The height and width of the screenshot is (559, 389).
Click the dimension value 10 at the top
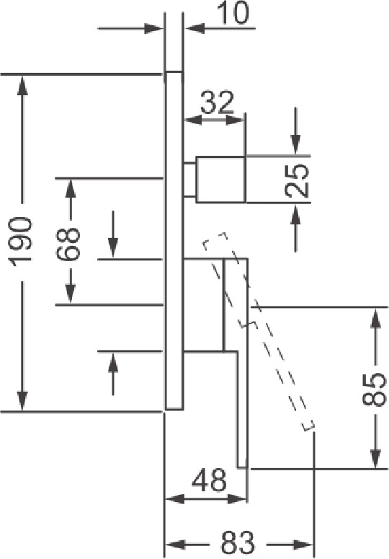point(233,14)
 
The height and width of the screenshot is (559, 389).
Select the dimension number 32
point(217,102)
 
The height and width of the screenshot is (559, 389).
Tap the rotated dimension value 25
point(297,180)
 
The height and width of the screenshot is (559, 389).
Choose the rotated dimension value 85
point(375,389)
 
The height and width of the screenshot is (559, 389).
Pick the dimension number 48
point(210,480)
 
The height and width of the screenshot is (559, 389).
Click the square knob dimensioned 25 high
point(220,180)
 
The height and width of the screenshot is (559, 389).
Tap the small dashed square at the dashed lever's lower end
point(308,426)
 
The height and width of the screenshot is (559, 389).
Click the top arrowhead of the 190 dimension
point(22,84)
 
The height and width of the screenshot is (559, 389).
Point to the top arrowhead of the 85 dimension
point(375,317)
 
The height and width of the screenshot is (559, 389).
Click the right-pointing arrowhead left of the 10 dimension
point(153,29)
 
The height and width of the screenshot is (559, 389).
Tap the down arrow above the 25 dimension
point(295,145)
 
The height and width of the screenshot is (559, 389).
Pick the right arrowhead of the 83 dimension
point(303,544)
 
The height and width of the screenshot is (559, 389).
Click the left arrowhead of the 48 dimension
point(175,498)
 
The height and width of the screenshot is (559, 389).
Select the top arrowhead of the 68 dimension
point(71,188)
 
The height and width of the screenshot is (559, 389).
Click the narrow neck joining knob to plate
point(189,180)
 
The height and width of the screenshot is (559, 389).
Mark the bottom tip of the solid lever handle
point(242,467)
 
